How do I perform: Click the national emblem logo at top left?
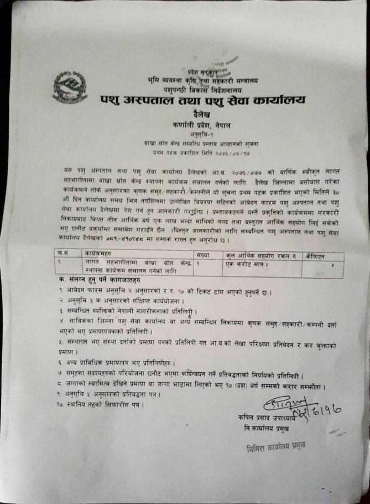pos(70,87)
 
